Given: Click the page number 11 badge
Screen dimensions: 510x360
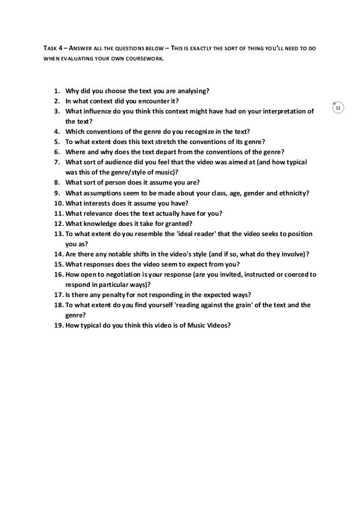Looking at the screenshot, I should coord(338,108).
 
